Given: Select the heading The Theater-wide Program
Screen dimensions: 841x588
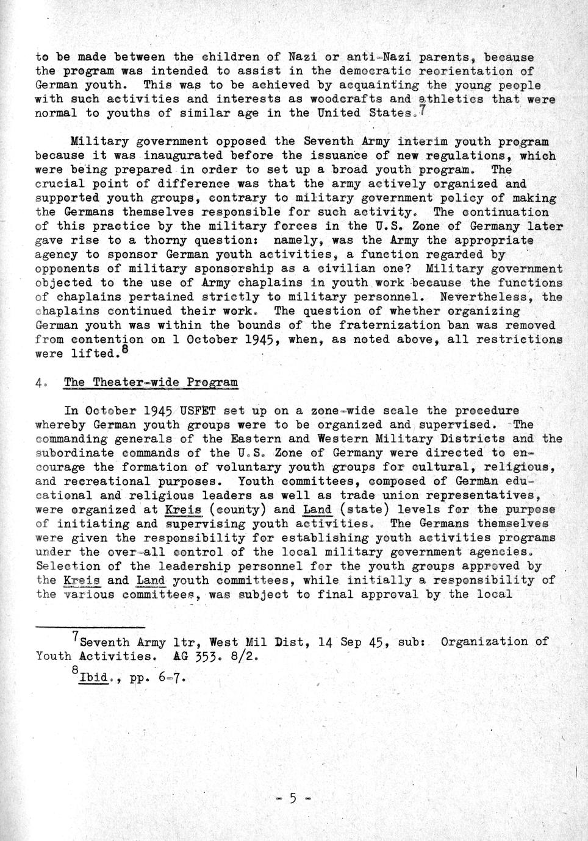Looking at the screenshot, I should (151, 383).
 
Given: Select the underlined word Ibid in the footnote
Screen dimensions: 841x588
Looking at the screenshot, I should (94, 678).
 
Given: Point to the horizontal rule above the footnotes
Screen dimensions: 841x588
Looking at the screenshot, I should (90, 626).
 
